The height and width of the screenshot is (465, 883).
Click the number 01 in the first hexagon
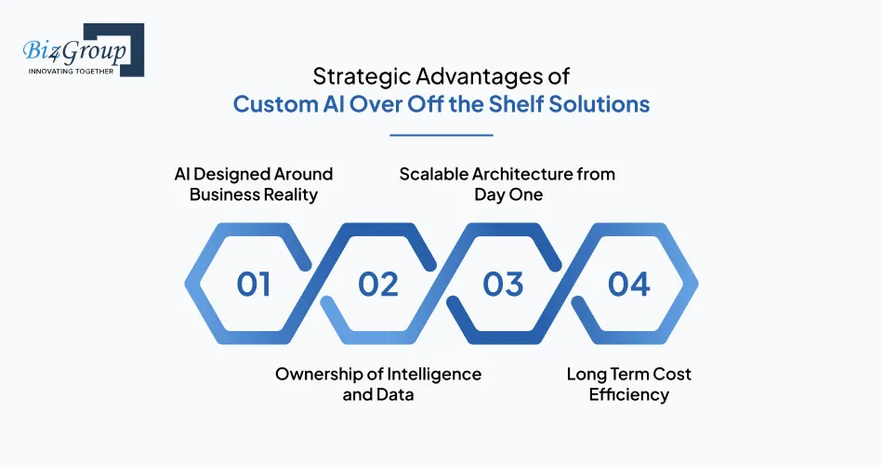253,284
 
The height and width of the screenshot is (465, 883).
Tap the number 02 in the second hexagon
378,284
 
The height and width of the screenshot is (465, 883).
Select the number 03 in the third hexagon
504,284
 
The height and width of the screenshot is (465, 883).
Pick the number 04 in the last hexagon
629,284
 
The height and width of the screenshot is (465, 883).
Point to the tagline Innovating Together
72,72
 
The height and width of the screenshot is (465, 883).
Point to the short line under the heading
441,135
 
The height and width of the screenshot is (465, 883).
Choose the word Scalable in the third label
437,174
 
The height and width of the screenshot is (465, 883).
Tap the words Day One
507,193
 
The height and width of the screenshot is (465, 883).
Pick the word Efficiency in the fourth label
629,394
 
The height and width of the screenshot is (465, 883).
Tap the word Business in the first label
226,193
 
